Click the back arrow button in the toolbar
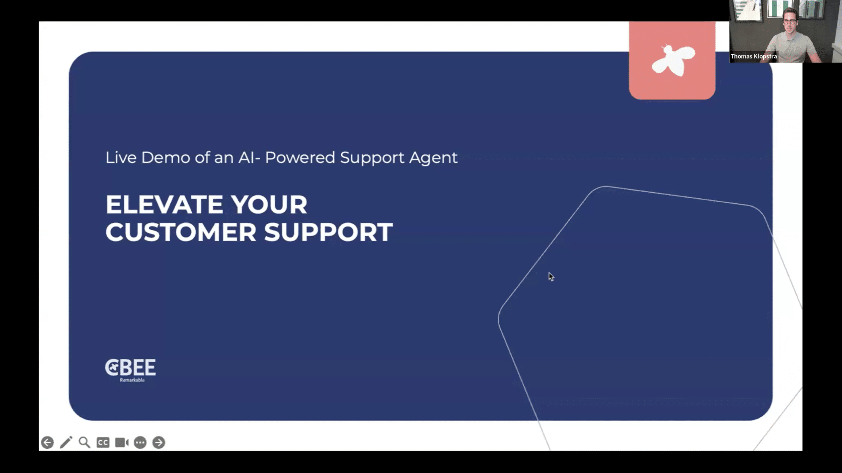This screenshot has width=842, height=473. pos(47,442)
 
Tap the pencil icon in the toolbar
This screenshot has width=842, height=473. pos(66,442)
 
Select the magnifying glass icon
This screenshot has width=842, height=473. pos(85,442)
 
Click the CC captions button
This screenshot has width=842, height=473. pos(103,442)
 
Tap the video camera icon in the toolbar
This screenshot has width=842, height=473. pos(122,442)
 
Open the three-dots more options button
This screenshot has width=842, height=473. pos(140,442)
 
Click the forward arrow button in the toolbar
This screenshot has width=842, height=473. pos(159,442)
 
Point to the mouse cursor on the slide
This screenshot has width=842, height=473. pos(551,277)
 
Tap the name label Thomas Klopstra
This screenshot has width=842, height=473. pos(754,56)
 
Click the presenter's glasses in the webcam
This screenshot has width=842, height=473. pos(789,22)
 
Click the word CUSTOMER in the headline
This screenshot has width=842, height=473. pos(181,232)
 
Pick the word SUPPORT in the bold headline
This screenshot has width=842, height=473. pos(328,232)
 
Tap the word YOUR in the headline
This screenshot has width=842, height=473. pos(269,205)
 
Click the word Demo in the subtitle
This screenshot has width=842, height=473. pos(165,158)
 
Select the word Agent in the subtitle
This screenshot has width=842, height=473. pos(433,158)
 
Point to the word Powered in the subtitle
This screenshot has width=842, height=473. pos(300,158)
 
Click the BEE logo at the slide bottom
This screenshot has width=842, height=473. pos(130,367)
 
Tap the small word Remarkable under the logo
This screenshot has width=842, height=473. pos(132,380)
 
